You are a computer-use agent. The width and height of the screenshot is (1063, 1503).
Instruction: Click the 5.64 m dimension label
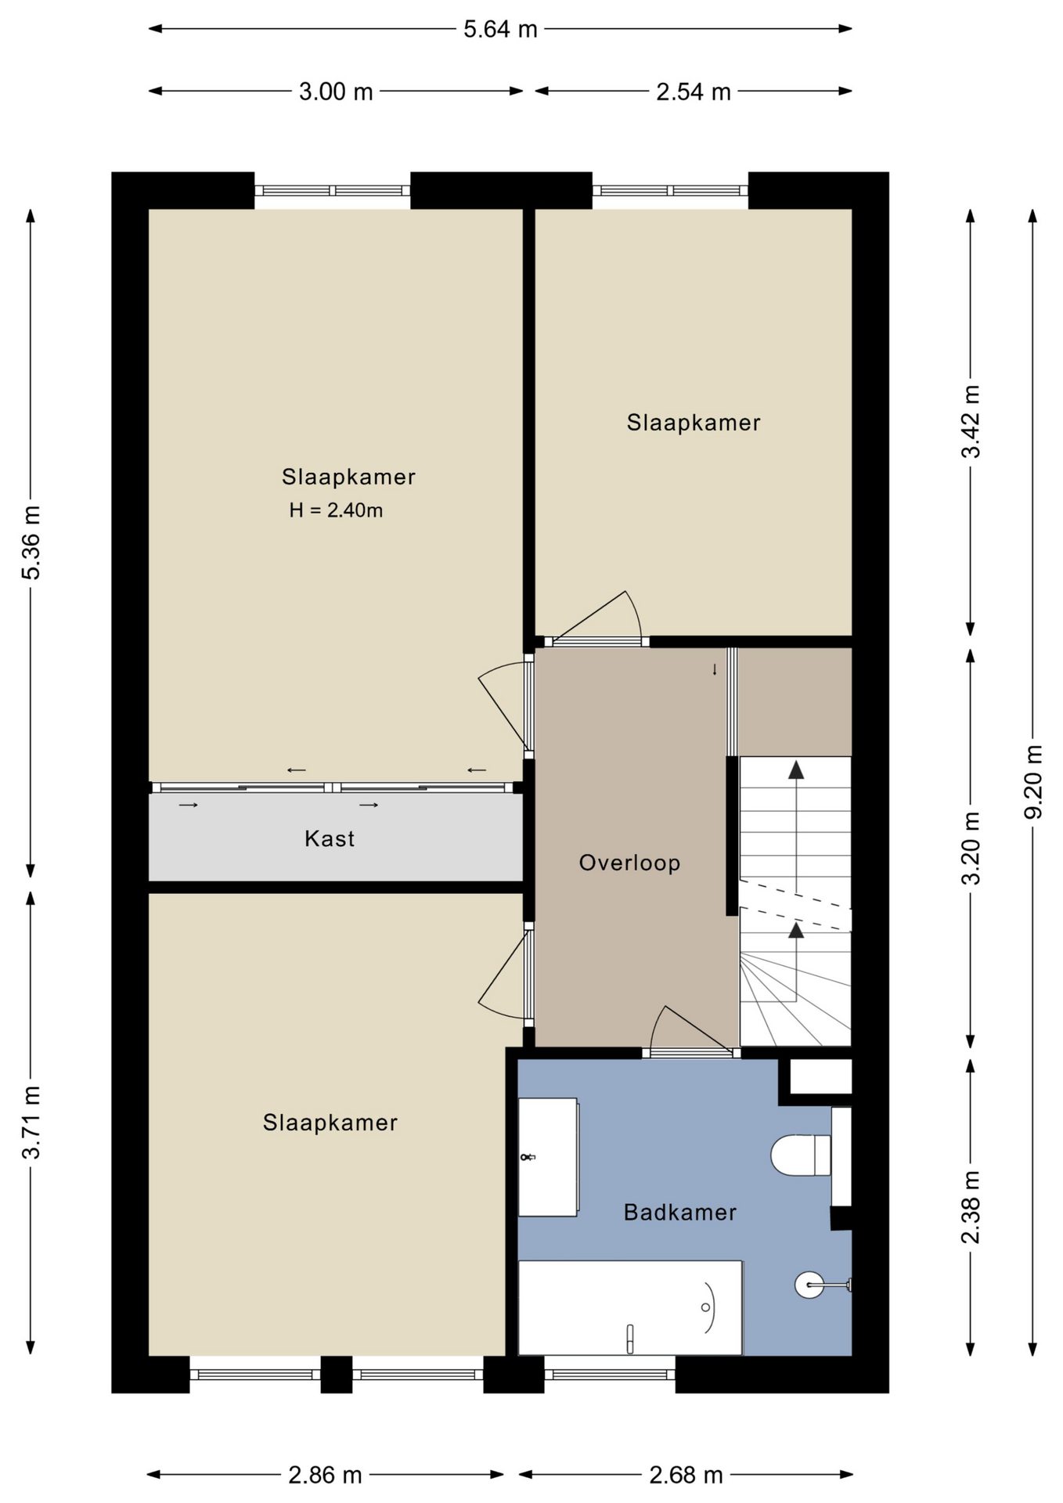500,30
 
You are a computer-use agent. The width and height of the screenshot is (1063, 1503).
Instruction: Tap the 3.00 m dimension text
336,92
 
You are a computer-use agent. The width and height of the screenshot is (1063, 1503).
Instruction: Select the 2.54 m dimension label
694,92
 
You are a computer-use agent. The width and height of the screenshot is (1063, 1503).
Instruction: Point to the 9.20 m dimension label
1034,782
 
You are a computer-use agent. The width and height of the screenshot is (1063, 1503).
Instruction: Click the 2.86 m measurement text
325,1476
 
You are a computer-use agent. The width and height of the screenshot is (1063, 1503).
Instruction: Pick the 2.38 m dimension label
971,1206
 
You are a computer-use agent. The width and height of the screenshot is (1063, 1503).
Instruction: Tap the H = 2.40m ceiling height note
336,510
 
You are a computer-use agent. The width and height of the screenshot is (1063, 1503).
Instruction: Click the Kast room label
330,838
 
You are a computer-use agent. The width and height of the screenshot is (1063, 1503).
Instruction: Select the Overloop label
629,863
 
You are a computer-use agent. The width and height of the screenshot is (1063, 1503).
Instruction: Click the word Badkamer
680,1213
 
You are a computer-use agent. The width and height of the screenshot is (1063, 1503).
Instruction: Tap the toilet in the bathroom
801,1155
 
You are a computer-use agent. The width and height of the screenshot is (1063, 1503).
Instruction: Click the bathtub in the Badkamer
630,1307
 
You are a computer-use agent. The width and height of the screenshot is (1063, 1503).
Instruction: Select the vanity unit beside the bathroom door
549,1157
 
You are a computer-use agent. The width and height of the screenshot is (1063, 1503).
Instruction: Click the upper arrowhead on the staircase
796,770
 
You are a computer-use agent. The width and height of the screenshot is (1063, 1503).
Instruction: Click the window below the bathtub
610,1374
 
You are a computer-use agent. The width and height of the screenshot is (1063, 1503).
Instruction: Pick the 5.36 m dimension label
31,542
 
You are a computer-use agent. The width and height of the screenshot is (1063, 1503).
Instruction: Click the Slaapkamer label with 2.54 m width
694,423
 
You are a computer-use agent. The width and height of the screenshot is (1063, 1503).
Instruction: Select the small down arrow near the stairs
715,670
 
